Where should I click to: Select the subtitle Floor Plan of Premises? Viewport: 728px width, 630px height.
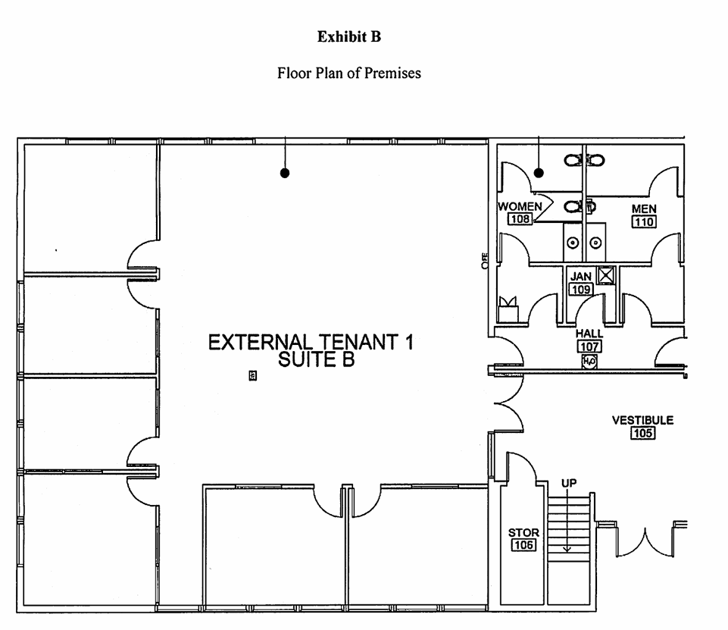coord(349,74)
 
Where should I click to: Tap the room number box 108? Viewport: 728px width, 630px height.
coord(520,219)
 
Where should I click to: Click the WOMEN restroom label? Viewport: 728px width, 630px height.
coord(520,206)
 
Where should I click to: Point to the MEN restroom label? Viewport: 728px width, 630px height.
coord(644,209)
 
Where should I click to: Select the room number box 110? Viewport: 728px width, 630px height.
coord(644,221)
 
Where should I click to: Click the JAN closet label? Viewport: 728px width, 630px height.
coord(581,277)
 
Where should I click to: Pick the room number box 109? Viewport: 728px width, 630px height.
coord(581,289)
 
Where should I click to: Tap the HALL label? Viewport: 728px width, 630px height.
coord(589,334)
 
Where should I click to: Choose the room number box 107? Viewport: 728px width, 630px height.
coord(589,346)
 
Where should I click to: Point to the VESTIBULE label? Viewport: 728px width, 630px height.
coord(642,421)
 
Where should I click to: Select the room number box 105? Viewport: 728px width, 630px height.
coord(642,434)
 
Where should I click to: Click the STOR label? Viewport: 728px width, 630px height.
coord(523,533)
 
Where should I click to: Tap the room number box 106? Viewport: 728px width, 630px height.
coord(523,545)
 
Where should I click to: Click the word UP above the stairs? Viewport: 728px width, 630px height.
coord(568,483)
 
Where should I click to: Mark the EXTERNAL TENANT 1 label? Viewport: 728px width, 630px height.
coord(311,342)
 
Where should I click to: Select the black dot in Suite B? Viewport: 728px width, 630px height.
coord(285,173)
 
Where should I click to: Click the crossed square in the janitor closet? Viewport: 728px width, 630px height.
coord(605,275)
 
